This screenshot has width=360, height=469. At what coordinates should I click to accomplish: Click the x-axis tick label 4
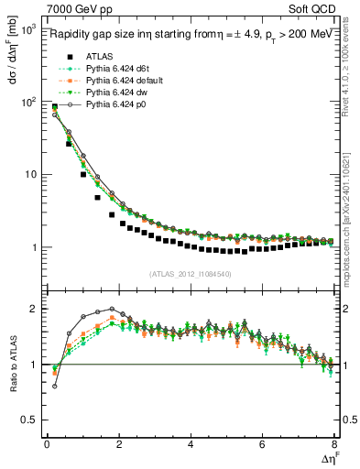(x=191, y=444)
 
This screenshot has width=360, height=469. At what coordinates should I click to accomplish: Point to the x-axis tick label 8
(x=334, y=444)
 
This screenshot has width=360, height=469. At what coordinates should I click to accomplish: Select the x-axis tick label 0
(x=47, y=444)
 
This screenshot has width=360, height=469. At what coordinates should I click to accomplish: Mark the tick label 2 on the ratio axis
(x=34, y=309)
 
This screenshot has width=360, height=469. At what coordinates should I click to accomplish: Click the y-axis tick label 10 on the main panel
(x=27, y=174)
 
